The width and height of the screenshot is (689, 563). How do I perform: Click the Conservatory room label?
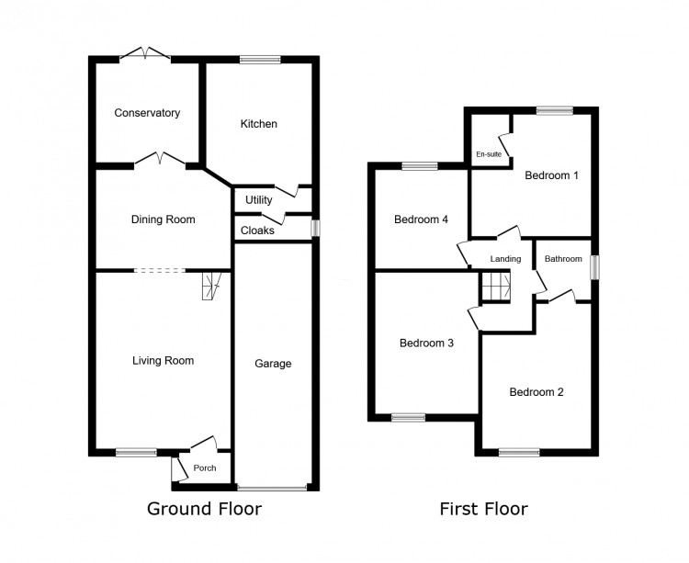pos(147,113)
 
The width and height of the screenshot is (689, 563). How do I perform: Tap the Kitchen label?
pos(259,124)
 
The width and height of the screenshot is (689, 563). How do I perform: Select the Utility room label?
pos(259,200)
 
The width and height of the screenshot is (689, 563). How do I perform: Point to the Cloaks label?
pos(257,231)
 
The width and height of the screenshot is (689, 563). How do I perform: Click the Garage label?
pos(273,364)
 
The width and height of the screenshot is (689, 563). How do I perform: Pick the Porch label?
pos(205,468)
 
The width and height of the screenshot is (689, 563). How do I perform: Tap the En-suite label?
pos(489,154)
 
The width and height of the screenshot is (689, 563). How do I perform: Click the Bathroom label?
pos(563,259)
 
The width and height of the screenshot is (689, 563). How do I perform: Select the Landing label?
pos(506,259)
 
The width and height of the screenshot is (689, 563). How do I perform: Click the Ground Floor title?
pos(204,509)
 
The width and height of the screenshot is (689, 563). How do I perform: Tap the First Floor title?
pos(484,509)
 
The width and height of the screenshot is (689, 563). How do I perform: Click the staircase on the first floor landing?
pos(496,286)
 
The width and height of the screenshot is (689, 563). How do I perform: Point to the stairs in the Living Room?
pos(212,286)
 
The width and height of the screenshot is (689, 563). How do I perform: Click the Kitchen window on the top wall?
pos(260,60)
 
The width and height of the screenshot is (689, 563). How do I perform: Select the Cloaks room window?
pos(315,229)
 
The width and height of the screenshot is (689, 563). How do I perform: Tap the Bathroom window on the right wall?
pos(594,268)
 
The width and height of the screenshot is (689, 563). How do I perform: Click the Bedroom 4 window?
pos(420,166)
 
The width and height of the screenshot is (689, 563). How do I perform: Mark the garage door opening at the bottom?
pos(273,487)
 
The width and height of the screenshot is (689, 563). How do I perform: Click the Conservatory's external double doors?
pos(145,53)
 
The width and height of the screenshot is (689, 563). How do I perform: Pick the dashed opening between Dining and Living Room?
pos(160,271)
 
